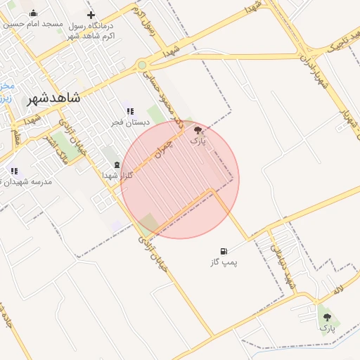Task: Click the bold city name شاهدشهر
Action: click(53, 98)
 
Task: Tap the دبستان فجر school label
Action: click(127, 122)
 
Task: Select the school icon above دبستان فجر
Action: click(130, 111)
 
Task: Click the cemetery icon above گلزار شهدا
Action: click(116, 165)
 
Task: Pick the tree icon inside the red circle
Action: click(199, 130)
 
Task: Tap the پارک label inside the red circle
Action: click(199, 141)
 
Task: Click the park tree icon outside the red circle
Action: click(327, 318)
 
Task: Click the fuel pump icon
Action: click(224, 251)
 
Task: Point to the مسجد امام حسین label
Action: click(34, 24)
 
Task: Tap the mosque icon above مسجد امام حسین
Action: click(34, 13)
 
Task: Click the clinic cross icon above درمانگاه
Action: click(91, 15)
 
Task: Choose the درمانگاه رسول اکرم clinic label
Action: click(91, 30)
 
